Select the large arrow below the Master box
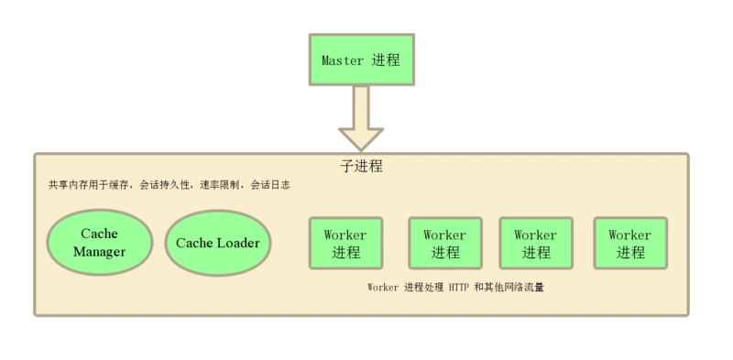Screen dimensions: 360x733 (x=361, y=120)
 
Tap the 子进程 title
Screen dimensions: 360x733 (x=361, y=167)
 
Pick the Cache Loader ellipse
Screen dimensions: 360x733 (x=217, y=244)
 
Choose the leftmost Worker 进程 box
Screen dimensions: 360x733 (x=345, y=244)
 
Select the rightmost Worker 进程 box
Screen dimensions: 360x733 (x=629, y=244)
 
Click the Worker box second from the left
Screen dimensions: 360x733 (x=444, y=244)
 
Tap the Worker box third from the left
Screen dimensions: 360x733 (x=535, y=244)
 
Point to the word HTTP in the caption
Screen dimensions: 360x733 (x=459, y=288)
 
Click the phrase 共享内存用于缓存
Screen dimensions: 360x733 (x=90, y=184)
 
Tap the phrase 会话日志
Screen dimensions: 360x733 (x=269, y=184)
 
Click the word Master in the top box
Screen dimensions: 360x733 (x=343, y=61)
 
